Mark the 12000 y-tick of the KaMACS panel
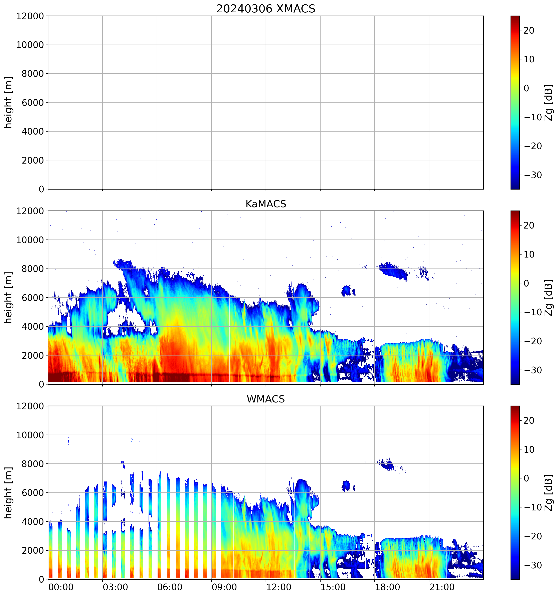(30, 211)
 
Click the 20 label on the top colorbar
(529, 31)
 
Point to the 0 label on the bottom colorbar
(526, 478)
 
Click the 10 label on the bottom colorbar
(529, 450)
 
